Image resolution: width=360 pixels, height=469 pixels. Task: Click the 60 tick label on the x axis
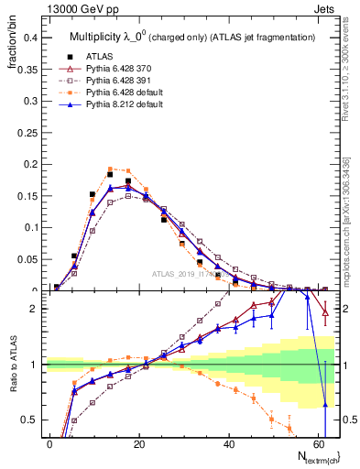(317, 442)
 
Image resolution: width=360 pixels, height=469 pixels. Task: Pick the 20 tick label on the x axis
(138, 442)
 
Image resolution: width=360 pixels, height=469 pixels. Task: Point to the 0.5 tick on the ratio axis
(30, 419)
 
